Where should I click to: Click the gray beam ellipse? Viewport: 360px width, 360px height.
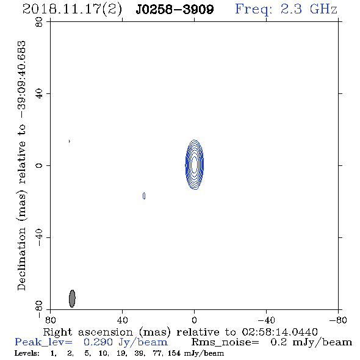72,298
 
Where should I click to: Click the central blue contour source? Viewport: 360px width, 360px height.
195,165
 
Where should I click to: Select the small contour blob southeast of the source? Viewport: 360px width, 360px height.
144,196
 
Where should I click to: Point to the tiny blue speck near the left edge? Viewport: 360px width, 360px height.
70,141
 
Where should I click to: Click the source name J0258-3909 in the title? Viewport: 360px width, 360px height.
175,9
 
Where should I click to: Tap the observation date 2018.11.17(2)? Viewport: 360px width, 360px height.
72,10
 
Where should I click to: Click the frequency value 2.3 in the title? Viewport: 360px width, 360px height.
291,9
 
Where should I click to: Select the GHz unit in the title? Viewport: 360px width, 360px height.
323,9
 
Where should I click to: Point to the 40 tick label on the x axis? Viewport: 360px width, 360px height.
122,320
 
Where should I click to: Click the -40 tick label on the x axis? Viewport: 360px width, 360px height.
266,320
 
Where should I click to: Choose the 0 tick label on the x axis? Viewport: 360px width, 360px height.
194,320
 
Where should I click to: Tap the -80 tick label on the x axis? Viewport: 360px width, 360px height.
338,320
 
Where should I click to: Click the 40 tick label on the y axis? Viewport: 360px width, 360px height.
39,93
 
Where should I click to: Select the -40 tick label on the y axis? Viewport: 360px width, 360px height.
39,237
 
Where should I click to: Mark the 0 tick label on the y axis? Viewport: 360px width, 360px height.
39,165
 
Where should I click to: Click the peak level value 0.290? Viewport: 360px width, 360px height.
98,342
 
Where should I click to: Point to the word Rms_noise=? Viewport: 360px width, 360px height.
225,342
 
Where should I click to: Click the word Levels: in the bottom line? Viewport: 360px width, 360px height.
27,353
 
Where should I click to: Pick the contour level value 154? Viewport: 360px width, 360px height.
174,353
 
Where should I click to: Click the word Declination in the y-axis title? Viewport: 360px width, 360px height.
21,259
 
